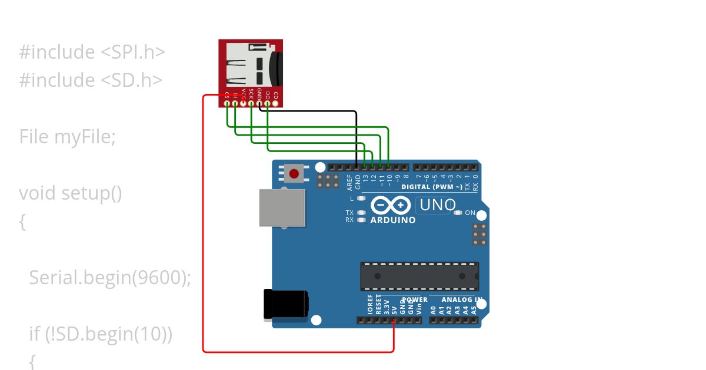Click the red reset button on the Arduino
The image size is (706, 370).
pos(294,173)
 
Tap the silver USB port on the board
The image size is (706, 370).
pos(282,207)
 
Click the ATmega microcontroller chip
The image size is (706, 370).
pos(419,276)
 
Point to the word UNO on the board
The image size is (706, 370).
pos(437,205)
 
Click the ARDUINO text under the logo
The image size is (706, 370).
pos(392,220)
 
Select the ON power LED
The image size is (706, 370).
pos(458,213)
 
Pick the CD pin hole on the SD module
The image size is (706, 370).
pos(275,103)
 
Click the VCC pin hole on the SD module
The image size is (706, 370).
pos(244,103)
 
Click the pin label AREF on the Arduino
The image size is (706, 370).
pos(349,182)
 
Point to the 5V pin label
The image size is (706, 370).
pos(394,307)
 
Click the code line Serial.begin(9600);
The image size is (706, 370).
pos(110,277)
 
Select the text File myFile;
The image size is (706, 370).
pos(68,137)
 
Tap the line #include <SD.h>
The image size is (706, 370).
pos(91,80)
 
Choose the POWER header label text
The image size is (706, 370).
pos(415,300)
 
